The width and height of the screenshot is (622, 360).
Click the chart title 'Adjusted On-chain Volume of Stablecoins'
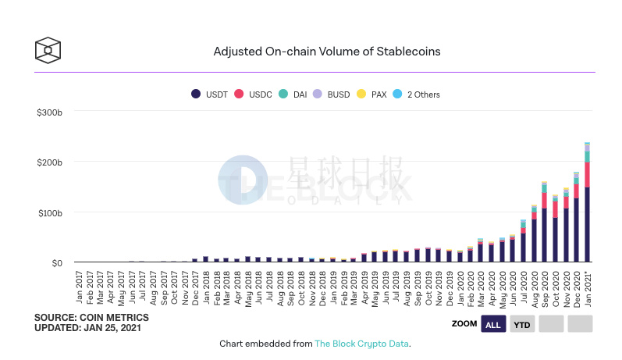(326, 52)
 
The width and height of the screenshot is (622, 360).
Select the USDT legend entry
(208, 94)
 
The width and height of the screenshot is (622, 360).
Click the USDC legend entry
(254, 94)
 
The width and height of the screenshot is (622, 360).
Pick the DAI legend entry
(293, 94)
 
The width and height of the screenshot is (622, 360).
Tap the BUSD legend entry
(333, 94)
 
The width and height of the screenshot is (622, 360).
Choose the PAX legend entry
(373, 94)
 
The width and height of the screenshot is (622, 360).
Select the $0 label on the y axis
(55, 263)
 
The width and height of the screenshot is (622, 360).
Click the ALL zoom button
(492, 324)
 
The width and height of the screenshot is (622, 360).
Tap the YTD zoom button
(522, 324)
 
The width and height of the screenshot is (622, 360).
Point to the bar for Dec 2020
(576, 218)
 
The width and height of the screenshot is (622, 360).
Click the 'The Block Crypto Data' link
(361, 344)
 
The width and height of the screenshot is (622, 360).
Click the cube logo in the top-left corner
(48, 51)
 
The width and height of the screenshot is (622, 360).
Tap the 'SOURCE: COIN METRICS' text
(91, 318)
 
